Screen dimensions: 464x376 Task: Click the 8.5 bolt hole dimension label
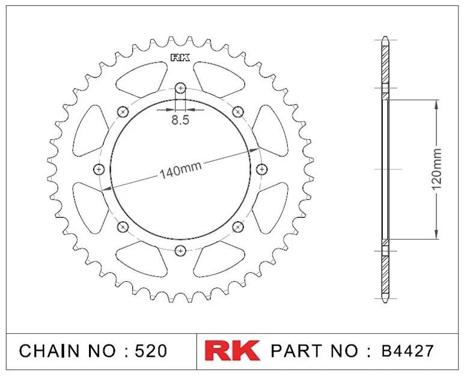pyautogui.click(x=180, y=120)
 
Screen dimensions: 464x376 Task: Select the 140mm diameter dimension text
pyautogui.click(x=180, y=171)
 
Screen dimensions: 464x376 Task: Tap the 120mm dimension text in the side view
pyautogui.click(x=437, y=169)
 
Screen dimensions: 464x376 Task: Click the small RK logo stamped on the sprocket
pyautogui.click(x=180, y=58)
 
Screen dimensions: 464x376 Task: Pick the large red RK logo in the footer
pyautogui.click(x=232, y=351)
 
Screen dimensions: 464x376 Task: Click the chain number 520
pyautogui.click(x=151, y=351)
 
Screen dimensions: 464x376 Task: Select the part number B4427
pyautogui.click(x=408, y=351)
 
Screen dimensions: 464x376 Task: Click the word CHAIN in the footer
pyautogui.click(x=49, y=351)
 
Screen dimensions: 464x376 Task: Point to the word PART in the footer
pyautogui.click(x=296, y=351)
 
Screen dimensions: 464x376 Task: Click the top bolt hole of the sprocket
pyautogui.click(x=180, y=88)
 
